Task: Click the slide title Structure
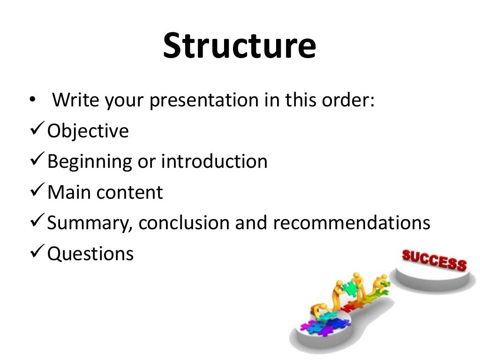tap(240, 45)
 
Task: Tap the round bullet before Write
tap(32, 100)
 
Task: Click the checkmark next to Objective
tap(37, 130)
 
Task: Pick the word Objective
tap(88, 131)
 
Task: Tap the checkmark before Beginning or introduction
tap(37, 160)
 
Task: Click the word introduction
tap(214, 161)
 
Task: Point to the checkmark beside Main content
tap(37, 191)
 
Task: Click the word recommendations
tap(352, 223)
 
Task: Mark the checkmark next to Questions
tap(37, 253)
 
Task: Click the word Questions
tap(90, 254)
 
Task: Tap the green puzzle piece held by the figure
tap(350, 287)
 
